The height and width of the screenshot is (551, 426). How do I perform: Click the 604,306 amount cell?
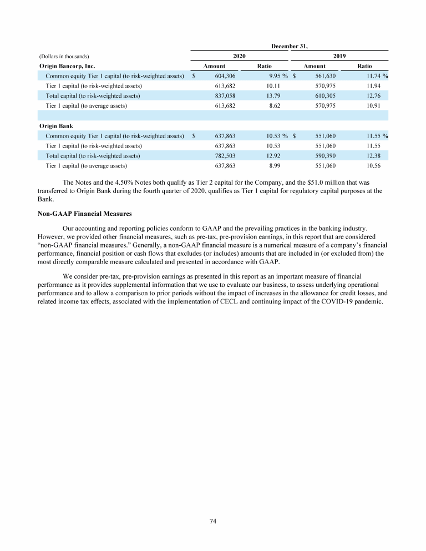point(225,76)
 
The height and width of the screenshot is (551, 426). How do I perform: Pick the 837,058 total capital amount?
point(225,96)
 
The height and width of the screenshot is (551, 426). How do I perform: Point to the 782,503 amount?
point(225,155)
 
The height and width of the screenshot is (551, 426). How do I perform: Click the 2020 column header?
point(239,57)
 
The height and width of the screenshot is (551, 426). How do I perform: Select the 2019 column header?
point(339,57)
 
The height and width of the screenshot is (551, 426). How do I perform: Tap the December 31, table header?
point(289,47)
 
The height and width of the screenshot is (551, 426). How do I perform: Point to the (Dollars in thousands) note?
point(64,57)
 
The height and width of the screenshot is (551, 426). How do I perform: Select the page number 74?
point(213,520)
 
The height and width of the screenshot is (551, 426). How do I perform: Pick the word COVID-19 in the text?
point(332,302)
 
